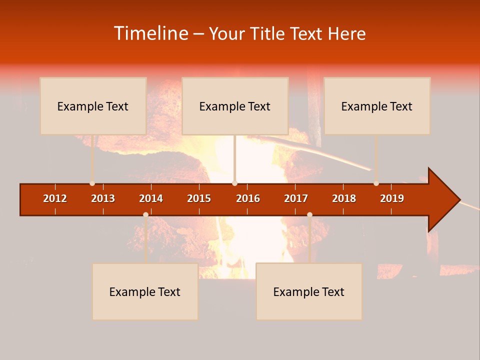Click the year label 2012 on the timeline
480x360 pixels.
coord(55,198)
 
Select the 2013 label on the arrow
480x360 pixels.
coord(103,198)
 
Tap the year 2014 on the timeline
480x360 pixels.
coord(151,198)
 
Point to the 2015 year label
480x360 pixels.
coord(199,198)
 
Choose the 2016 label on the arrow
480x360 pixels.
coord(248,198)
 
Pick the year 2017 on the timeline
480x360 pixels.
coord(296,198)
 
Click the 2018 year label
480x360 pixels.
coord(344,198)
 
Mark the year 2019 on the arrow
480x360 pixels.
coord(392,198)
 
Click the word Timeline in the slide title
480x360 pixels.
coord(150,33)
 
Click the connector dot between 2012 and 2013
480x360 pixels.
coord(92,183)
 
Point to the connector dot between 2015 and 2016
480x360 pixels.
coord(234,183)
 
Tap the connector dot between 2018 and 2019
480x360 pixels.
coord(376,183)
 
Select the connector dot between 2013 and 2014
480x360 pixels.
coord(145,215)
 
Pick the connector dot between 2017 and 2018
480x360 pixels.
coord(309,215)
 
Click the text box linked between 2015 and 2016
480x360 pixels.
coord(235,106)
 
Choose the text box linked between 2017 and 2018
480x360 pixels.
coord(309,291)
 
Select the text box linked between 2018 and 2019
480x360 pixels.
coord(377,106)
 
